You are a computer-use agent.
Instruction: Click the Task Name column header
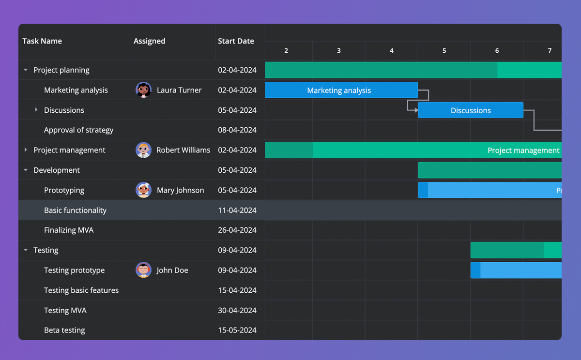(42, 41)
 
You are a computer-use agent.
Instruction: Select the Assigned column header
(149, 41)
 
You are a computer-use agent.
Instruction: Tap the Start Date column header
(236, 41)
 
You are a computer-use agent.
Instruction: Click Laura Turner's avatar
(143, 90)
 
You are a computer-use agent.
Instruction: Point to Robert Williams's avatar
(143, 150)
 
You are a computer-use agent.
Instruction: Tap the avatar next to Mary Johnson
(143, 190)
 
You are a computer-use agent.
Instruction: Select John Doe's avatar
(143, 270)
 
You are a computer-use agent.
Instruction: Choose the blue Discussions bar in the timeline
(470, 110)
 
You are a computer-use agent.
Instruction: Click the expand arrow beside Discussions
(36, 110)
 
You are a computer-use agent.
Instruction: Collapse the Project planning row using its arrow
(26, 70)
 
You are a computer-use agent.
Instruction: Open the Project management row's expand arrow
(26, 150)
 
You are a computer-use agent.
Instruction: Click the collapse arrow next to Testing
(26, 250)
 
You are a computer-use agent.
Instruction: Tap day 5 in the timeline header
(444, 51)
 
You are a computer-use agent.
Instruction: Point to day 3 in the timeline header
(338, 51)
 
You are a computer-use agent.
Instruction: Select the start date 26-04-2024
(237, 230)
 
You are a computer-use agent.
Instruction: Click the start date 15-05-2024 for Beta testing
(237, 330)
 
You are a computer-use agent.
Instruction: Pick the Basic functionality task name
(75, 210)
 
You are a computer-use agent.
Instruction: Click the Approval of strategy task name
(78, 130)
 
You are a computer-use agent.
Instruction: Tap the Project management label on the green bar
(523, 150)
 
